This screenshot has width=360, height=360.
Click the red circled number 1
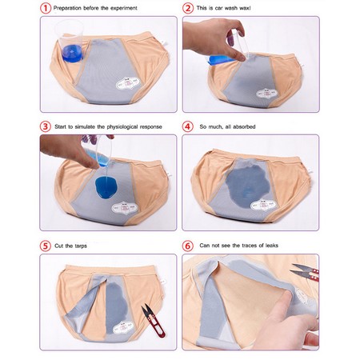[46, 8]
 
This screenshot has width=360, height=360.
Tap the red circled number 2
[188, 8]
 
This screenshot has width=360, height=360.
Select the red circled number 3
[46, 126]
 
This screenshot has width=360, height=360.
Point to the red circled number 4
[188, 126]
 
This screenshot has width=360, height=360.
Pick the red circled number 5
[46, 246]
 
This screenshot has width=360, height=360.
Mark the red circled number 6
[188, 246]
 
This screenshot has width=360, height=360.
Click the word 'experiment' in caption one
[124, 8]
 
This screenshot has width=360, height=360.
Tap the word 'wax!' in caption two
[245, 8]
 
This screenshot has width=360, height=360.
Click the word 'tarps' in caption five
[81, 246]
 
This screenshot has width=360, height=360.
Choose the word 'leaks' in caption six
[272, 246]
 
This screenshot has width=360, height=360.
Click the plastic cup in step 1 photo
[70, 42]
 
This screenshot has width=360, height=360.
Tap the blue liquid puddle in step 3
[106, 186]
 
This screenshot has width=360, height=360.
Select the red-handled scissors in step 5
[153, 320]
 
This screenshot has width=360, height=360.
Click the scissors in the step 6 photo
[306, 271]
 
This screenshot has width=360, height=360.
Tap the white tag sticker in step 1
[127, 83]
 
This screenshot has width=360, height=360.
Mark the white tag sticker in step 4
[262, 205]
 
